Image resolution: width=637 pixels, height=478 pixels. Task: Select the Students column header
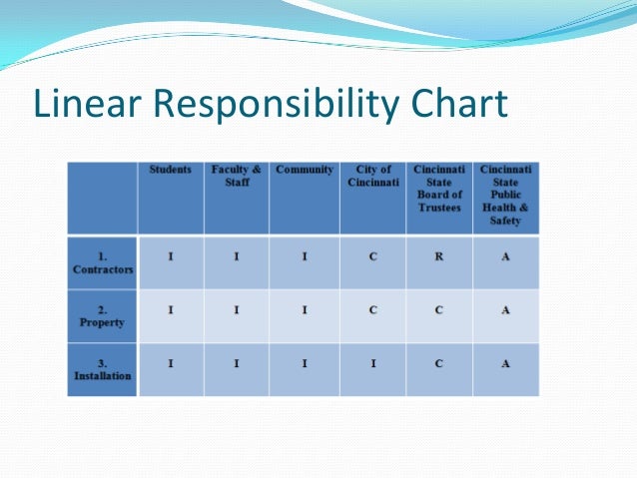coord(171,171)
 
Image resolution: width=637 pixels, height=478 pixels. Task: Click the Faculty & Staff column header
coord(237,177)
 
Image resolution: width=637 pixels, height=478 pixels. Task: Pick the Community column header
coord(305,171)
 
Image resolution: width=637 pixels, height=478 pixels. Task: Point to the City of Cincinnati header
coord(372,177)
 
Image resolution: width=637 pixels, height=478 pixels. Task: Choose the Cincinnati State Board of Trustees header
coord(438,188)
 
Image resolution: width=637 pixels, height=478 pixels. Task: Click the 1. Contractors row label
coord(103,263)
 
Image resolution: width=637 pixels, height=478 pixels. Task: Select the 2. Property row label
coord(103,316)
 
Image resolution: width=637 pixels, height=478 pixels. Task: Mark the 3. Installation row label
coord(103,370)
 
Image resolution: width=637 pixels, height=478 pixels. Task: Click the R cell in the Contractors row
coord(439,256)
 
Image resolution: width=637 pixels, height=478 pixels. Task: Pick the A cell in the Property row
coord(505,309)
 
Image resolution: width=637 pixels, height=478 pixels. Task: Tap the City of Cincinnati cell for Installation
coord(372,363)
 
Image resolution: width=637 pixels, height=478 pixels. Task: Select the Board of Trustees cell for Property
coord(439,309)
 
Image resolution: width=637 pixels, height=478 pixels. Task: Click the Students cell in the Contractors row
coord(171,256)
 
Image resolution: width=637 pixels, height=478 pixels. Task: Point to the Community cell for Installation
coord(305,363)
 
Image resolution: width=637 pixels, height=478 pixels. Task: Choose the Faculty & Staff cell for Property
coord(237,309)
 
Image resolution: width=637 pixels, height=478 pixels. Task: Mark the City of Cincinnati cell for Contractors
coord(372,256)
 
